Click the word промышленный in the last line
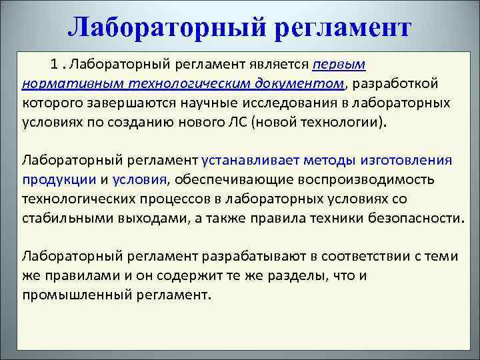tap(72, 294)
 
